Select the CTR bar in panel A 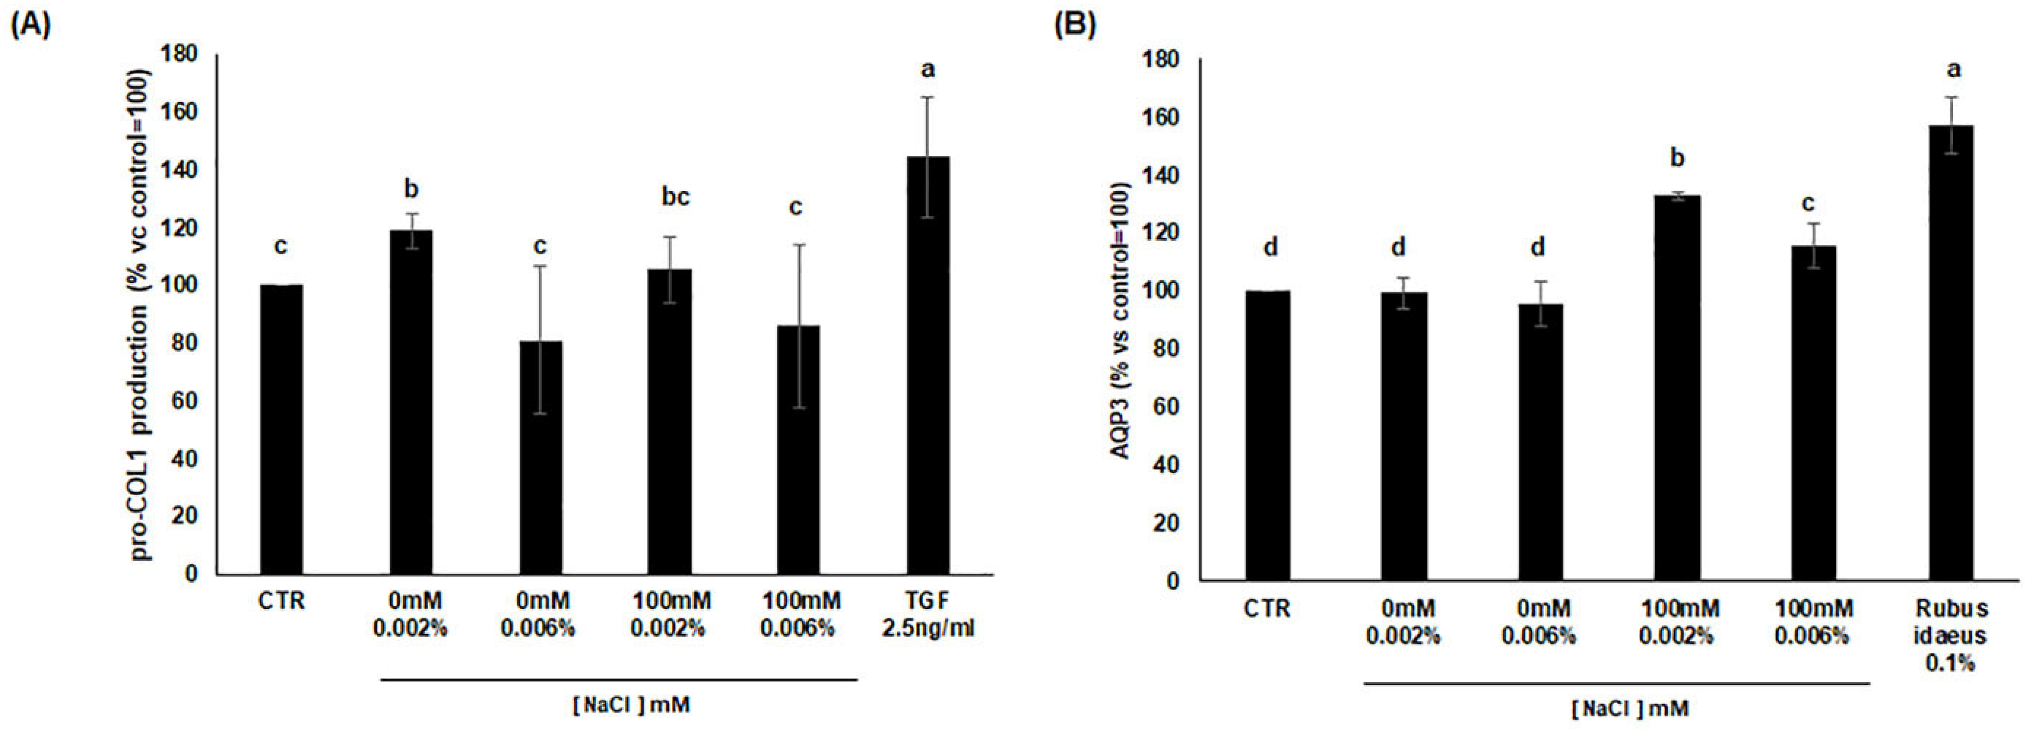click(281, 430)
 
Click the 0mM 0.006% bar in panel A click(540, 457)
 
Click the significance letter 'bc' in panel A click(675, 197)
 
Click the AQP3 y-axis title click(1120, 320)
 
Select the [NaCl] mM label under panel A click(630, 704)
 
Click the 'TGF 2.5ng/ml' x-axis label click(928, 615)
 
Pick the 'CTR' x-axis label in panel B click(1267, 609)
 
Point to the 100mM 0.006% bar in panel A click(798, 449)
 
